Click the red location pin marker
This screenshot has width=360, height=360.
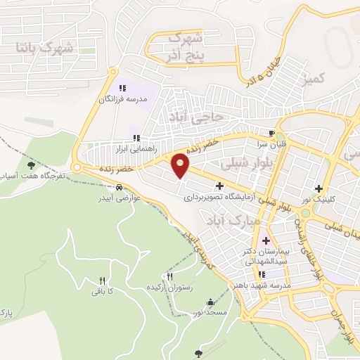pos(181,165)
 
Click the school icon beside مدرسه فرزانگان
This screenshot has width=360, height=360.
pos(122,89)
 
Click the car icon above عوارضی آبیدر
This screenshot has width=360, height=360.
pos(120,188)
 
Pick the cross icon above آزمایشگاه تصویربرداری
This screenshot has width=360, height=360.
pos(221,187)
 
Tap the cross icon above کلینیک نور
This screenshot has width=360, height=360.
pos(320,188)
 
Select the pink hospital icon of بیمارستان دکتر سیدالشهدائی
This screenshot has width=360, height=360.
pos(266,241)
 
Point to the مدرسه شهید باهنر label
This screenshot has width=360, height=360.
pos(262,285)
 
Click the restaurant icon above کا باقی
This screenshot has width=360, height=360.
pos(103,280)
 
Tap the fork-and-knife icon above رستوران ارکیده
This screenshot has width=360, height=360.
pos(169,278)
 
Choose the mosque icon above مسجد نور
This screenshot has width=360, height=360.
pos(210,302)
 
